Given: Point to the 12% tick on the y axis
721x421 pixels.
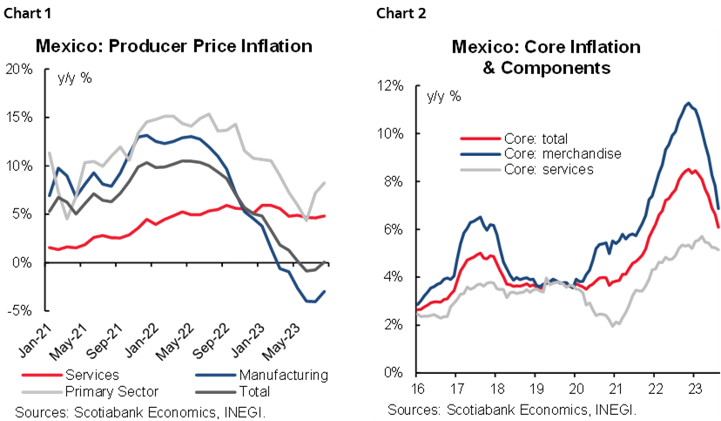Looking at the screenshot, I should (390, 86).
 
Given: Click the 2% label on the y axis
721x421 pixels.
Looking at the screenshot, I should (394, 324).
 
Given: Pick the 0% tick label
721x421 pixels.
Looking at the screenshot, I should (394, 372).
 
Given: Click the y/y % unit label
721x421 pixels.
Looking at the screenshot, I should (442, 96).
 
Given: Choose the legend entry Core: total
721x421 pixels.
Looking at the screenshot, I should (535, 139).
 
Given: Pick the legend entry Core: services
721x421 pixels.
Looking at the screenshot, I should (548, 168).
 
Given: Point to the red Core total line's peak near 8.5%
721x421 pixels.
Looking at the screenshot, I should (688, 169).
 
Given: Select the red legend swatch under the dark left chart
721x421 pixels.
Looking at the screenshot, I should (42, 374).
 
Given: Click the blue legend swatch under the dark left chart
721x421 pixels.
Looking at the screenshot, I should (216, 374).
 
